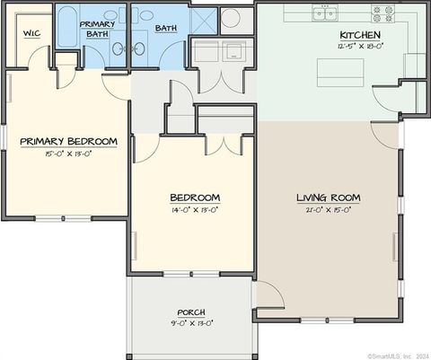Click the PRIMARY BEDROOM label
[68, 141]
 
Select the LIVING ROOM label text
[329, 198]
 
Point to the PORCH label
[191, 312]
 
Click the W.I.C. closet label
[31, 33]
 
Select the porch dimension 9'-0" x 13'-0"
[191, 323]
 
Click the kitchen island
[339, 72]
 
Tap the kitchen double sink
[324, 13]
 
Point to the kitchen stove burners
[383, 13]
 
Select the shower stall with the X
[204, 20]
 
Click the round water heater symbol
[231, 18]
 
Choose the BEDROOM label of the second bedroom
[195, 198]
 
